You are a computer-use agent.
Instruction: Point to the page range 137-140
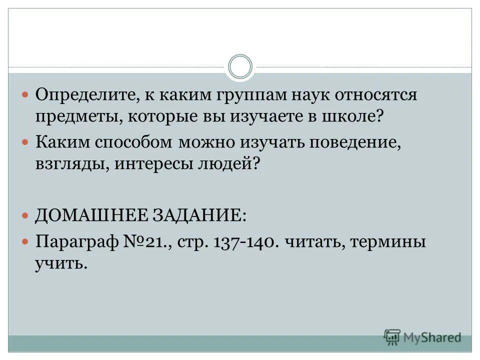[243, 242]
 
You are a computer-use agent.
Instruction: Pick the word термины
[388, 242]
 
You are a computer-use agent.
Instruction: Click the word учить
[61, 264]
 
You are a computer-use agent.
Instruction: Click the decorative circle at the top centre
[240, 66]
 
